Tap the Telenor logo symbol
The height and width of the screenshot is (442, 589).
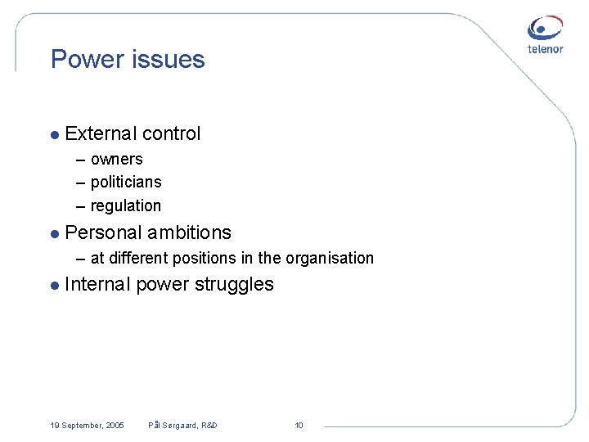pos(545,28)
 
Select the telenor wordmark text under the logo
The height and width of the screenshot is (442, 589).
pos(545,49)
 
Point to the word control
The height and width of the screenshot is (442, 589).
pos(171,133)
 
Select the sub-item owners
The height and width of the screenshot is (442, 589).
pos(116,159)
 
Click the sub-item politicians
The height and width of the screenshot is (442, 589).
pos(126,182)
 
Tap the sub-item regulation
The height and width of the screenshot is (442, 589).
pos(126,205)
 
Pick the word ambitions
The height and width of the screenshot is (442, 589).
pos(190,232)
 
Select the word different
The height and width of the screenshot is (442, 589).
pos(136,259)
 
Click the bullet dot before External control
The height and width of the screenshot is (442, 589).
pos(54,134)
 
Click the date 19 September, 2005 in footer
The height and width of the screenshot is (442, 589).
pos(87,425)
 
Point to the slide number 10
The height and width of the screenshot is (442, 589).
pos(299,425)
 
